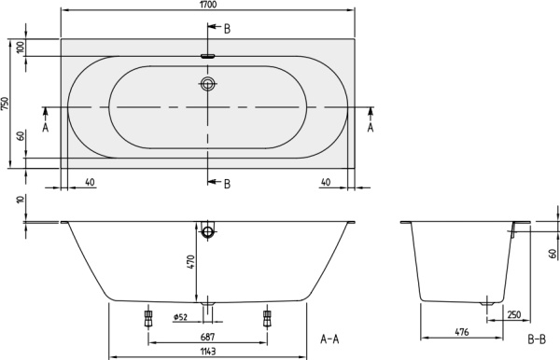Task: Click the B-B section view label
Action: point(536,338)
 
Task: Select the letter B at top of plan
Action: point(227,30)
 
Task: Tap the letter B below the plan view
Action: point(227,184)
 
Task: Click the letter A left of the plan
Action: point(46,130)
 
